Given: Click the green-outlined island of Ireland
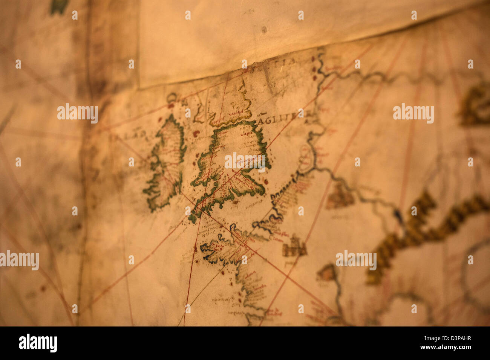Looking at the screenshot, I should [166, 162].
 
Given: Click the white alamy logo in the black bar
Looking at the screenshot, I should [38, 343].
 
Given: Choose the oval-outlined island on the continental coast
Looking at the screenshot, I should [305, 158].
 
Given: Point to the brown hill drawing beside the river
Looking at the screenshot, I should [339, 196].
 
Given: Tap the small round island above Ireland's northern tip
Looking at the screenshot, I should [173, 99].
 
